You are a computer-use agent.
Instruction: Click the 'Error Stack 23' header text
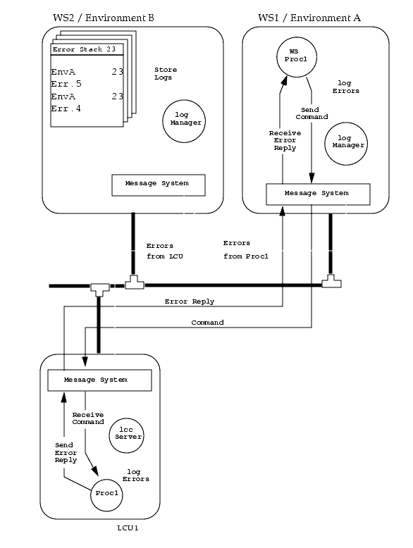(84, 49)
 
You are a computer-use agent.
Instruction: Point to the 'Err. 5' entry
(66, 84)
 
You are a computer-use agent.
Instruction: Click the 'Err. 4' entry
(66, 108)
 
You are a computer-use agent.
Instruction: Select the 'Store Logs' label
(166, 74)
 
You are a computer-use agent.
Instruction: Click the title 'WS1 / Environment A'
(309, 18)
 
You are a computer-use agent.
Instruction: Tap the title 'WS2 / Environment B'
(103, 18)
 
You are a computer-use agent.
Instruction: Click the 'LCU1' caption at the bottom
(128, 528)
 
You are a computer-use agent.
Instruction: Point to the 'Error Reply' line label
(189, 301)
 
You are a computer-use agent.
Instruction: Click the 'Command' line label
(207, 323)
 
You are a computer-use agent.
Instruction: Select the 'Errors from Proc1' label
(245, 249)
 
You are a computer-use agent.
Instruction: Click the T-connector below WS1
(331, 281)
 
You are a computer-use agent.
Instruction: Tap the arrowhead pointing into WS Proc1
(283, 80)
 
